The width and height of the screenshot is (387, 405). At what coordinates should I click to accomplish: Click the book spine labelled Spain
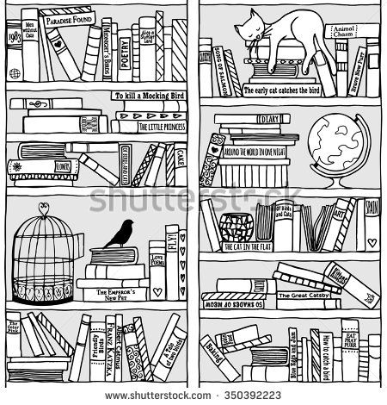(371, 210)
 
